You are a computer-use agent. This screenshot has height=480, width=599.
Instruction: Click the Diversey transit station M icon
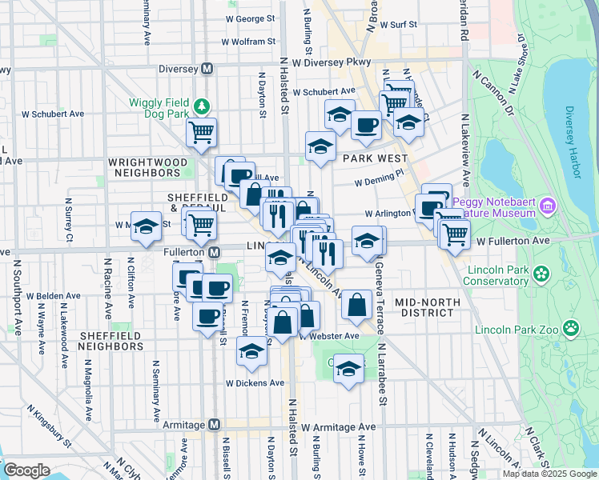(207, 69)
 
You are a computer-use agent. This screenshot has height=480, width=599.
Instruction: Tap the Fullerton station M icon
(215, 252)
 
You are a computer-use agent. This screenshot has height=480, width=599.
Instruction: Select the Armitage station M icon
(213, 425)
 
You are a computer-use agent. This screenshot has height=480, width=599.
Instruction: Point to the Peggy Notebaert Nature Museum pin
(548, 207)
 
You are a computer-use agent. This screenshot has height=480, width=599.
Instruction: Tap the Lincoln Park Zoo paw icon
(570, 327)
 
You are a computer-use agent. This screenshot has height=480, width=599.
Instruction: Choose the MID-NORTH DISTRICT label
(427, 307)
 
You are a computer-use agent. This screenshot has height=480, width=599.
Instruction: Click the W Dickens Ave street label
(255, 382)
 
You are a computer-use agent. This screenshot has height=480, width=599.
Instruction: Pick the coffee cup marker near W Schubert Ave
(366, 125)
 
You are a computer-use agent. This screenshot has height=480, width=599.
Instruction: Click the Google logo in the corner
(26, 470)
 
